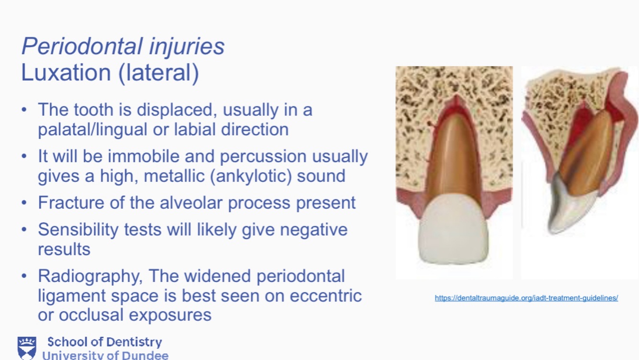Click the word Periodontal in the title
coord(81,46)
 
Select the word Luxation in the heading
coord(66,72)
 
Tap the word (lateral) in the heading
coord(159,73)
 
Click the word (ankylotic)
coord(251,176)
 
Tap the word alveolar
coord(191,203)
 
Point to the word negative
coord(313,230)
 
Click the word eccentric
coord(326,295)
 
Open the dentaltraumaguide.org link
coord(526,298)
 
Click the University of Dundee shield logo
coord(27,348)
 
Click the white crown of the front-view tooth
coord(453,229)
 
